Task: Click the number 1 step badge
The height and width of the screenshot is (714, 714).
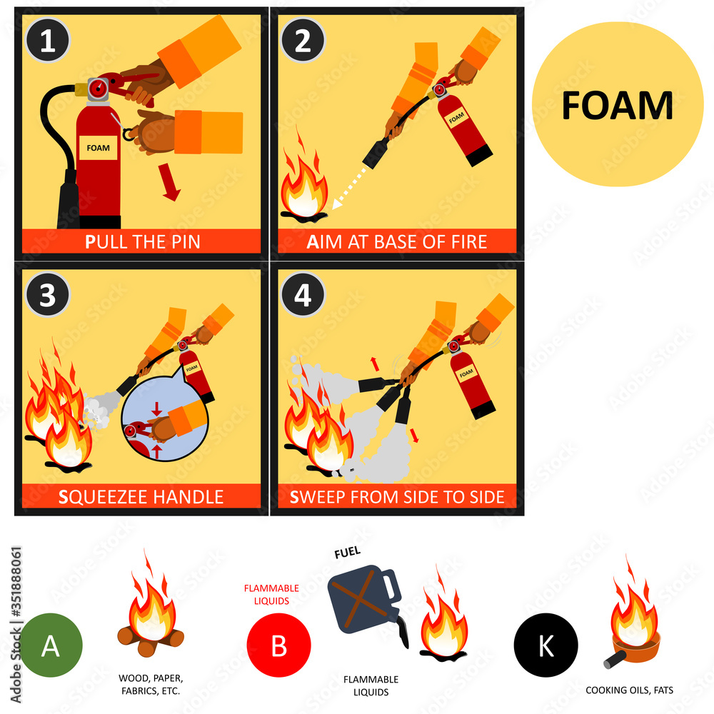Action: click(x=47, y=41)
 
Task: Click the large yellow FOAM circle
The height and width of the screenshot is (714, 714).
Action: click(x=618, y=106)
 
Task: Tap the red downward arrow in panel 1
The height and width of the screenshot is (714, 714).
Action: click(x=170, y=184)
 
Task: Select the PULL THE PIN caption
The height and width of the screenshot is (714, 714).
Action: click(x=142, y=241)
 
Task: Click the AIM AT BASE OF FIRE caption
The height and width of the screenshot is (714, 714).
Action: click(x=397, y=241)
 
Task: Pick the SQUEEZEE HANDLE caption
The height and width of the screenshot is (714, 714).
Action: click(x=142, y=496)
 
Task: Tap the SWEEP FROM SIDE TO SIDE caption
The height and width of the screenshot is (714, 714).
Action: click(x=397, y=496)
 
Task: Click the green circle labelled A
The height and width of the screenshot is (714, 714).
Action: click(x=50, y=645)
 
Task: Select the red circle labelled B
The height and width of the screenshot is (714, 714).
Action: click(x=278, y=645)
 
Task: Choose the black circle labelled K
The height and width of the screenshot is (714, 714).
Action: click(x=545, y=645)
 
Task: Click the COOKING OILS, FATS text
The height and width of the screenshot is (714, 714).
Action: click(x=629, y=690)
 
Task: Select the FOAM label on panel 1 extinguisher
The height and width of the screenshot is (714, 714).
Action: click(x=99, y=149)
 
